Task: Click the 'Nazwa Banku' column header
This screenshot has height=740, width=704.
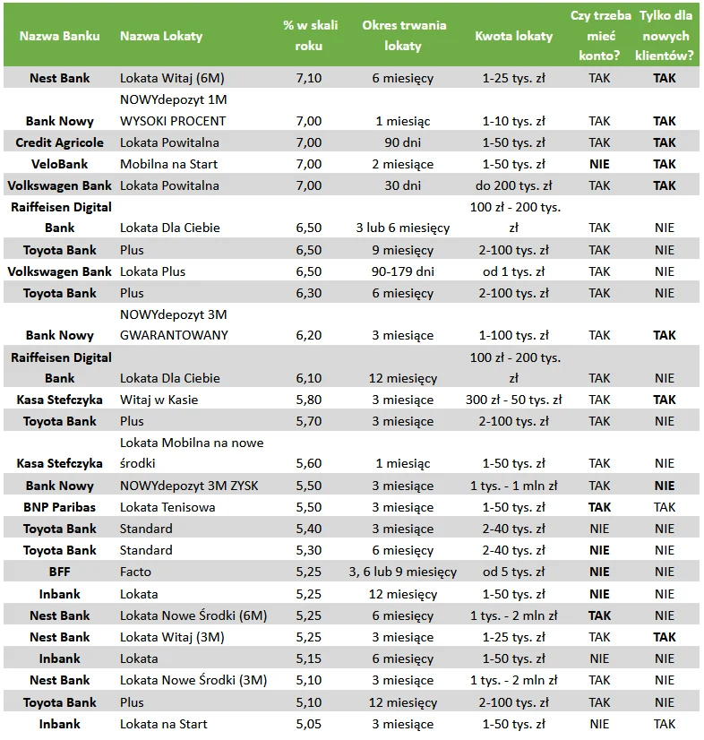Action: pos(60,36)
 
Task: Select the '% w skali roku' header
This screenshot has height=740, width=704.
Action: pos(308,36)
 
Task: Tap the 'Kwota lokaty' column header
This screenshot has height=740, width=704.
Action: pos(513,36)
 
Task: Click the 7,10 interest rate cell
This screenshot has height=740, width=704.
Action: pos(308,78)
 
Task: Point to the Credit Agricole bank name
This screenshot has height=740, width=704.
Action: pos(60,142)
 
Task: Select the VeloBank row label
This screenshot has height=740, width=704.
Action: pos(60,164)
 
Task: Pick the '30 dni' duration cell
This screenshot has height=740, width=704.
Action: pos(403,185)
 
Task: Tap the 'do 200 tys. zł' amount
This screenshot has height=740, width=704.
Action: pos(513,185)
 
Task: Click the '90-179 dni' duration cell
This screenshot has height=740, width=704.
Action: pos(403,271)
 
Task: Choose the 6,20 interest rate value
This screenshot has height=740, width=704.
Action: pos(308,335)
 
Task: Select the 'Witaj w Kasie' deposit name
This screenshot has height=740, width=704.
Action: pos(159,400)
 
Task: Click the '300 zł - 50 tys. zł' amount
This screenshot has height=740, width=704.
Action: pos(513,400)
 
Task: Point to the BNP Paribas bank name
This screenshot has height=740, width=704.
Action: pos(60,507)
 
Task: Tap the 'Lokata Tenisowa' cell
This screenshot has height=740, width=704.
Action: pos(167,507)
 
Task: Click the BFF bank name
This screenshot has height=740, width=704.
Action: pos(60,572)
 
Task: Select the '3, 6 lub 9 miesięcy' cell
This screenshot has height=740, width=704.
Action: pos(403,572)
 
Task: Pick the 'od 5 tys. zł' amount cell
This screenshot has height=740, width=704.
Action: pos(513,572)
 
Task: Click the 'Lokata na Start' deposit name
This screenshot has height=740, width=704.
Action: pos(163,724)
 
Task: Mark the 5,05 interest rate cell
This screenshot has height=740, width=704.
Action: pos(308,724)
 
